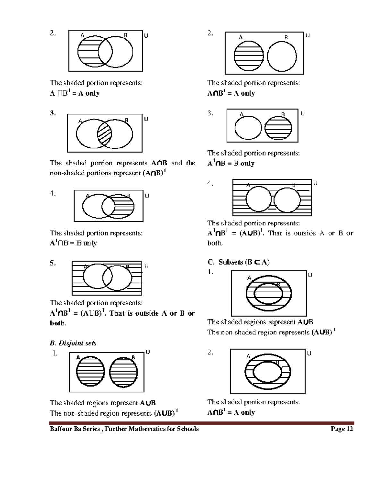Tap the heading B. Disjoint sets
pos(73,343)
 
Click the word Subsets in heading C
pos(231,262)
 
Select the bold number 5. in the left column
pos(53,263)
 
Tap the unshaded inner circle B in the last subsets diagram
pos(267,372)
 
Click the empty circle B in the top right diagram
pos(282,56)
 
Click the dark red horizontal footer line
pos(201,423)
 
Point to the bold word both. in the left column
pos(58,323)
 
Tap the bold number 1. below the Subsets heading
pos(210,272)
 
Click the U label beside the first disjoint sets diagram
pos(148,352)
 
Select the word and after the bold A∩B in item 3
pos(176,163)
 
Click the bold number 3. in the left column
pos(53,113)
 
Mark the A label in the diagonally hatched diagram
pos(80,121)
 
